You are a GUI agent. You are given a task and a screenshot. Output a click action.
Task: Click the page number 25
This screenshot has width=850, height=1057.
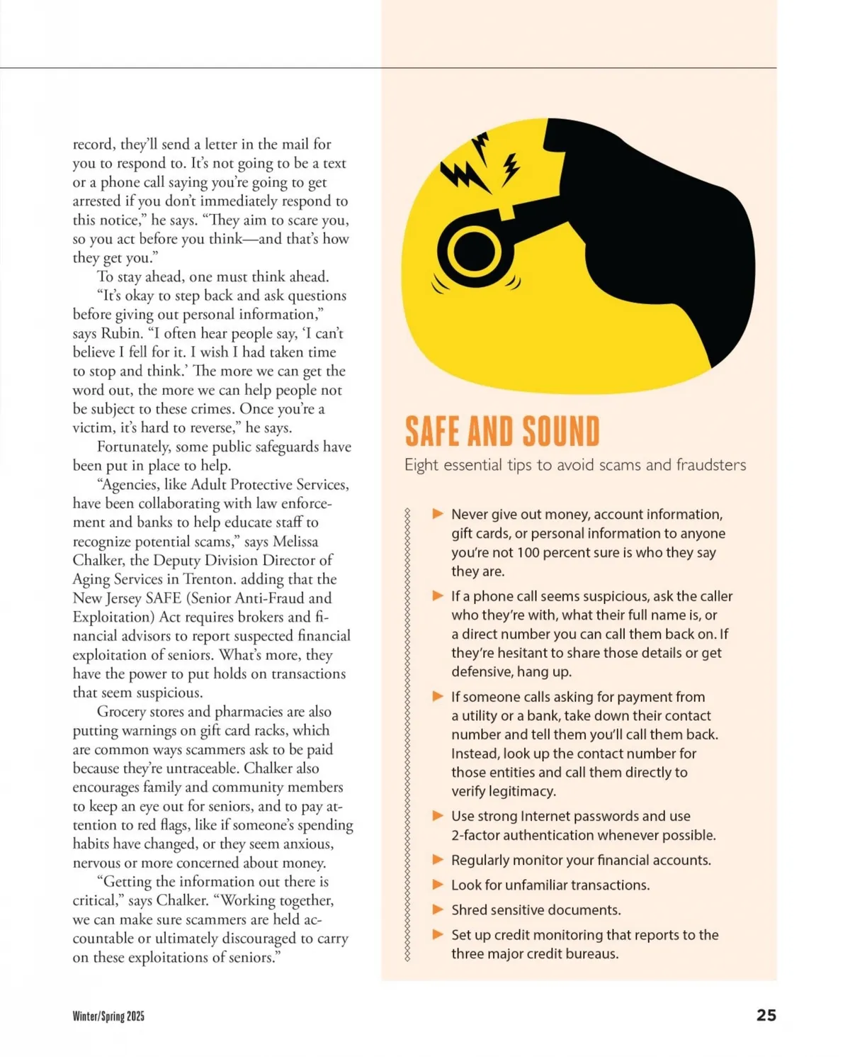(766, 1015)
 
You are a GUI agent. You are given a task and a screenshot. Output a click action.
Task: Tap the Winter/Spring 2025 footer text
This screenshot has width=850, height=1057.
(108, 1016)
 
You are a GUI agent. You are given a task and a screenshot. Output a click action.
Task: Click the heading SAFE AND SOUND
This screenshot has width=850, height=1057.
(502, 432)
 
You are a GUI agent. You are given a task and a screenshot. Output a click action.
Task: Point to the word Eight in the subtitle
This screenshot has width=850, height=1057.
(419, 465)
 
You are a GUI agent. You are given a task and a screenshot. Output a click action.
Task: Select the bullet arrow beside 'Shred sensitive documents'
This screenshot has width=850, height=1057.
(438, 910)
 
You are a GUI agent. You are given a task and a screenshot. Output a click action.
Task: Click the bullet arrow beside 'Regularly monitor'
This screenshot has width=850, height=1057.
(438, 860)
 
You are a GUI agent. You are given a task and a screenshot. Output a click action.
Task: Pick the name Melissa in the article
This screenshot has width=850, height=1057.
(295, 542)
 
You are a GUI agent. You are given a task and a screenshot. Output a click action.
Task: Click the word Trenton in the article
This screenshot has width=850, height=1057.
(212, 579)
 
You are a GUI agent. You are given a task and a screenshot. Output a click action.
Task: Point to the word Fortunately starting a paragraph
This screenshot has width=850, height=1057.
(133, 447)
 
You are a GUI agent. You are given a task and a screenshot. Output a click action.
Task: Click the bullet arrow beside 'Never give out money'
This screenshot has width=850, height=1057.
(438, 514)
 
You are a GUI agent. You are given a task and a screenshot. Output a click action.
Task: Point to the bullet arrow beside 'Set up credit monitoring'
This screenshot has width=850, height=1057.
(438, 934)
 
